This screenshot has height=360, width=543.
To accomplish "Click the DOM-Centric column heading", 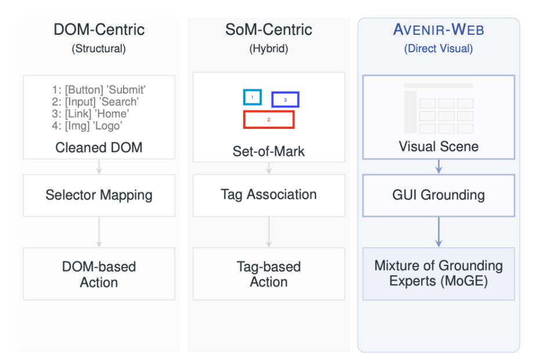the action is [x=99, y=30].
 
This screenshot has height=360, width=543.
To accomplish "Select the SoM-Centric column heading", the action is [x=269, y=30].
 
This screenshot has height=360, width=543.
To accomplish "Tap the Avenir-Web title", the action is [x=439, y=30].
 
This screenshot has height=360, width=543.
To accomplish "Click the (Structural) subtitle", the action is [x=99, y=49].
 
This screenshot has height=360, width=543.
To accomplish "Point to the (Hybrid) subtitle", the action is [x=269, y=49].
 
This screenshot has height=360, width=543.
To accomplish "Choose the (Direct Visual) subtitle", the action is [x=439, y=49].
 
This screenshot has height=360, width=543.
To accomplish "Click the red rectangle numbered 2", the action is [x=269, y=111].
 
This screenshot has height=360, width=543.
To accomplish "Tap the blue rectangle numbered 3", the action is [x=285, y=92].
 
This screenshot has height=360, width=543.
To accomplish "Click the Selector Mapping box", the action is [x=99, y=196].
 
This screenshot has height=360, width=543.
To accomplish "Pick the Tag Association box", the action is [x=269, y=196].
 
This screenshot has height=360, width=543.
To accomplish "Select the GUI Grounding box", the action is [x=439, y=196].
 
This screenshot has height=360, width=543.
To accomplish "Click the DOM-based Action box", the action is [x=99, y=273].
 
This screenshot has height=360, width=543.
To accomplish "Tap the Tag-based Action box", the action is [x=269, y=273].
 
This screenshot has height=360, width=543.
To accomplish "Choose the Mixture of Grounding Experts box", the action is [x=439, y=273].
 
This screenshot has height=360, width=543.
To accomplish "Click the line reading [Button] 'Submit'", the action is [x=99, y=90].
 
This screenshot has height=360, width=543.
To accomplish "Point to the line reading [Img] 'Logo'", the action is [x=87, y=125].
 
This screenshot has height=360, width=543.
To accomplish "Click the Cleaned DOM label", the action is [x=99, y=147].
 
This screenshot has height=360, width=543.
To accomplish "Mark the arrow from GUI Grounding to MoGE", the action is [x=439, y=232].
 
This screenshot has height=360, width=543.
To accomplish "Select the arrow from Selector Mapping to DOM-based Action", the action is [x=99, y=232].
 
